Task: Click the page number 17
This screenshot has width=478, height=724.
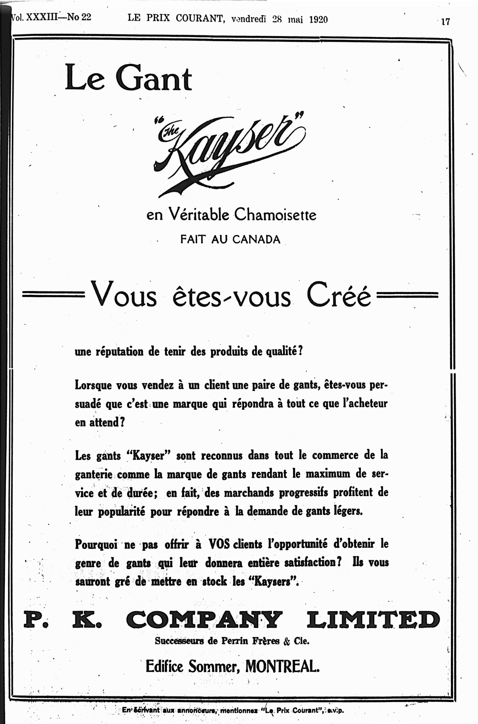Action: [x=445, y=22]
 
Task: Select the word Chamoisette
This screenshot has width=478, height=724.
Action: [x=275, y=215]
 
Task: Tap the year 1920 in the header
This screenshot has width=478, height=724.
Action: [x=318, y=20]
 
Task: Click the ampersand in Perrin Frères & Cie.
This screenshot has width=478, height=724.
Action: [x=286, y=642]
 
